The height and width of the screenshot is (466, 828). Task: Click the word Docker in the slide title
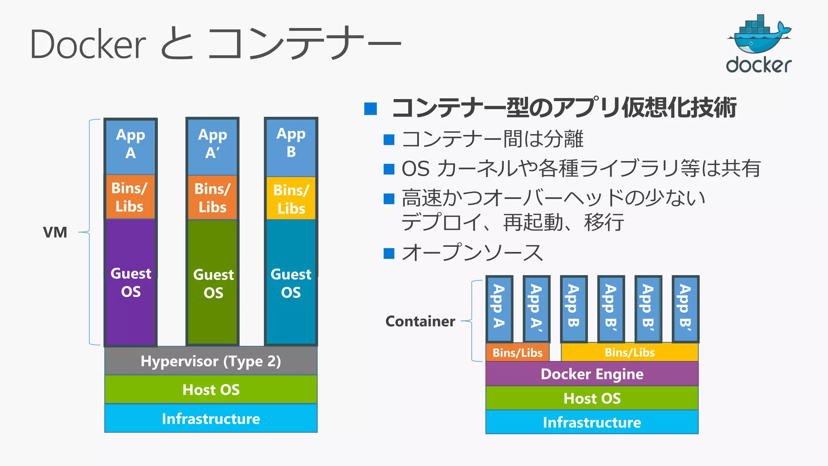click(88, 44)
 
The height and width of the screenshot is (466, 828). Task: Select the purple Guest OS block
click(131, 282)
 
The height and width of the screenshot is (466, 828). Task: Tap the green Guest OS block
click(213, 283)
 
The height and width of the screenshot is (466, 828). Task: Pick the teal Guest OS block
click(291, 283)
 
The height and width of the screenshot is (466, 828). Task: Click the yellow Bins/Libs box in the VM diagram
click(291, 199)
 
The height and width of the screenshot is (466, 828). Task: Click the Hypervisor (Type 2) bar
click(211, 361)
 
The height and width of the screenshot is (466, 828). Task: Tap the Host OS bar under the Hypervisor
click(211, 390)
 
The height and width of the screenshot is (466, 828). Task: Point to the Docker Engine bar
click(591, 374)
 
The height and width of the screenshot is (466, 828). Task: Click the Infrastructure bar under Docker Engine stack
click(591, 422)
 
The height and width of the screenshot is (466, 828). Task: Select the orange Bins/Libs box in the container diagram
click(517, 352)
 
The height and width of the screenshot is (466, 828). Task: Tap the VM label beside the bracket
click(55, 232)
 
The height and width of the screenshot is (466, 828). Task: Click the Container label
click(420, 321)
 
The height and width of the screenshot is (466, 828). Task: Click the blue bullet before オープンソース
click(389, 253)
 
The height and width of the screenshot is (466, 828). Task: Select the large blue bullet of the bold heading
click(370, 109)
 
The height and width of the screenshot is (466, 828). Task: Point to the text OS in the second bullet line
click(415, 169)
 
